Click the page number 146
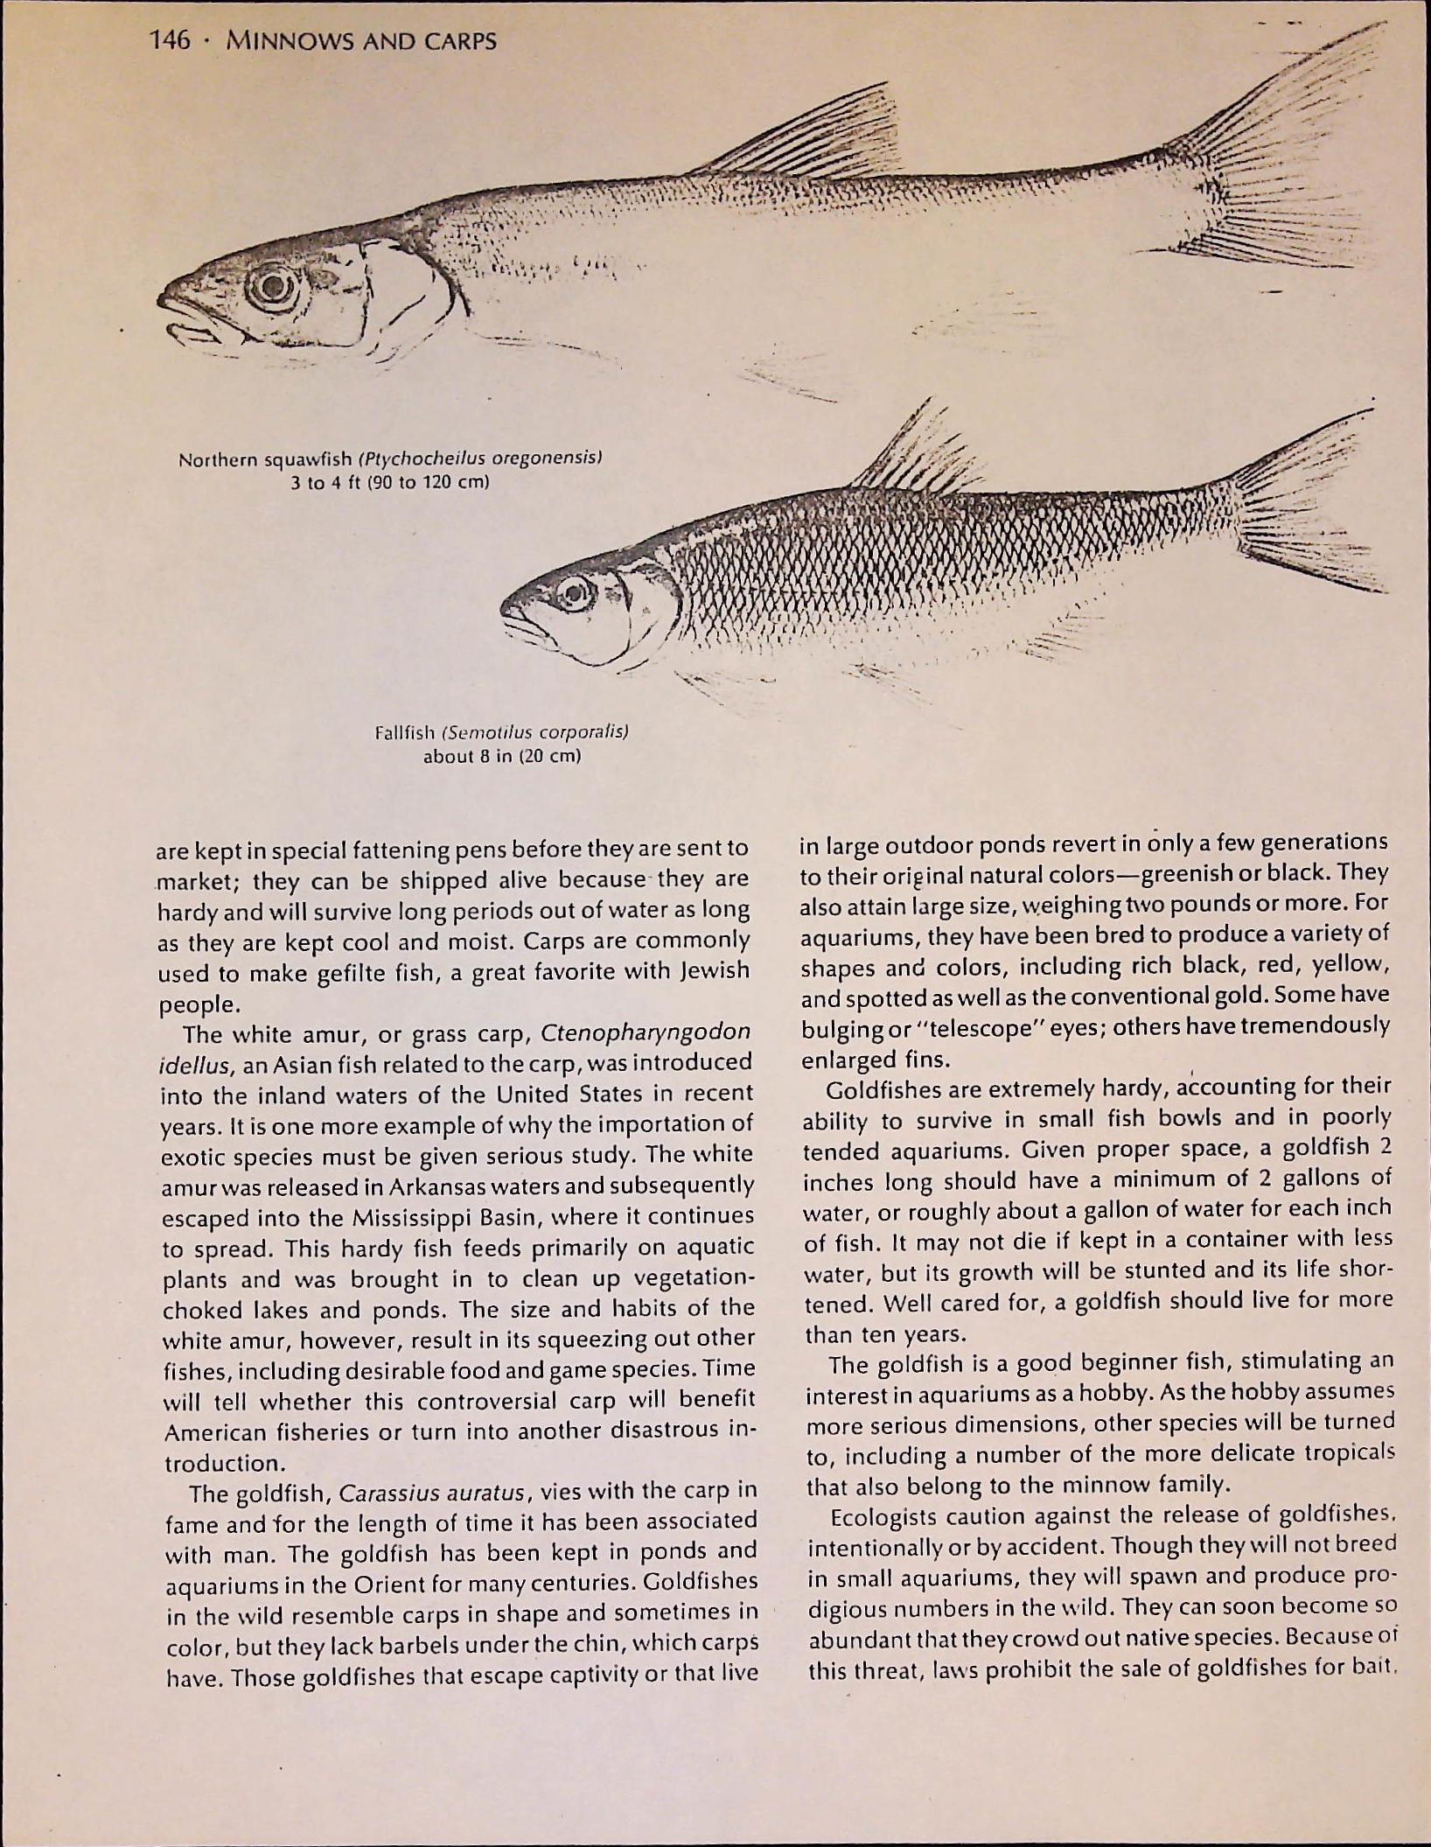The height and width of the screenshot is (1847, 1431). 170,40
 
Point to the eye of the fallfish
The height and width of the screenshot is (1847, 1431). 576,595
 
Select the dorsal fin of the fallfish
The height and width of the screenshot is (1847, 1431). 918,455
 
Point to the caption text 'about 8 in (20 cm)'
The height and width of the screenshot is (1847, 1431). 502,756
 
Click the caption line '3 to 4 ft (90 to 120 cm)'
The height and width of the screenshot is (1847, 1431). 389,482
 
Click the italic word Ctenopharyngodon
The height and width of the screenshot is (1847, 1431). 646,1032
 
